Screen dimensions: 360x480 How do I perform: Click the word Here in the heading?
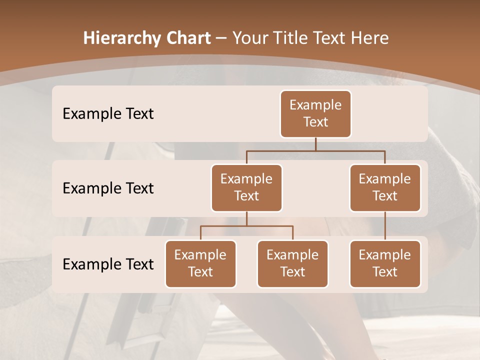click(x=369, y=38)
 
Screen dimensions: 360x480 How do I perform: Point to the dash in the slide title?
click(x=221, y=38)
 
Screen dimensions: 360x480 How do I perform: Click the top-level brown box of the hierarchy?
click(x=315, y=113)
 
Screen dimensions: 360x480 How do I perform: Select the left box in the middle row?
click(x=246, y=187)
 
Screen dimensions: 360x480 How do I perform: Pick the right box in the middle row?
click(x=385, y=187)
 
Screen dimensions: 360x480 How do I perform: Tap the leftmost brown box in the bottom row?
click(x=200, y=263)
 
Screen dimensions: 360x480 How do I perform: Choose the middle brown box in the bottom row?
click(x=292, y=263)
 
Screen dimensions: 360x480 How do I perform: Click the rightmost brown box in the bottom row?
click(x=385, y=263)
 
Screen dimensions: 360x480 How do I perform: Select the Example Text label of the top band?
click(x=108, y=113)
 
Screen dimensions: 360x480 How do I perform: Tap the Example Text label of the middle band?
click(x=108, y=188)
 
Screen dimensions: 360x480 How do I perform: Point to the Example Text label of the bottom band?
click(x=108, y=264)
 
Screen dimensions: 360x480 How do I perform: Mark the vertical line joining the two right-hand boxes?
click(x=385, y=226)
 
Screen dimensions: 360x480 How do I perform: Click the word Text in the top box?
click(x=315, y=122)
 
